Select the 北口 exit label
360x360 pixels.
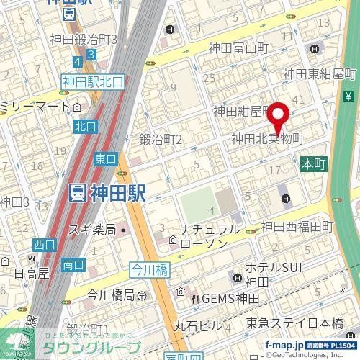(x=84, y=126)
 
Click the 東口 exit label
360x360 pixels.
(x=105, y=158)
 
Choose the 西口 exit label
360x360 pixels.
(x=43, y=244)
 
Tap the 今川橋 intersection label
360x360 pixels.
(x=148, y=270)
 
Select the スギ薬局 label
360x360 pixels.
(x=93, y=230)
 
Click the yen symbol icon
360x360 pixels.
(x=348, y=96)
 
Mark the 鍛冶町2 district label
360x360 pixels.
(x=160, y=139)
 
